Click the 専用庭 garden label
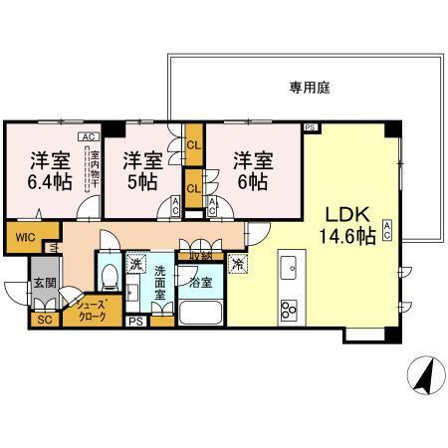click(310, 88)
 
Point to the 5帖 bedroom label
click(141, 170)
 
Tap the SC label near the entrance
click(44, 320)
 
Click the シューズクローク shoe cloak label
click(91, 312)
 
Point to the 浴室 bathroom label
click(201, 282)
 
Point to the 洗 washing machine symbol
click(134, 265)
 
